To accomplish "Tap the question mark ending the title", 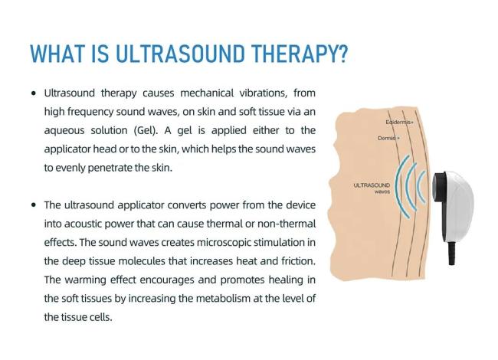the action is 342,54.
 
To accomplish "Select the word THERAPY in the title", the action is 293,54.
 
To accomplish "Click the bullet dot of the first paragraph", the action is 34,93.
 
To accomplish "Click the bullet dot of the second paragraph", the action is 34,205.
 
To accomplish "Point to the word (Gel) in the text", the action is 146,130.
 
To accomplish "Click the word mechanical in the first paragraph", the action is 207,93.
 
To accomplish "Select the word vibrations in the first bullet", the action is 264,93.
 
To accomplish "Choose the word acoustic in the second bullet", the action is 83,224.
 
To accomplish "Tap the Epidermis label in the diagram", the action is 399,123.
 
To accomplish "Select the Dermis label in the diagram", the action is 388,138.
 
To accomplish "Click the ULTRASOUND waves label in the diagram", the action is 372,188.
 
